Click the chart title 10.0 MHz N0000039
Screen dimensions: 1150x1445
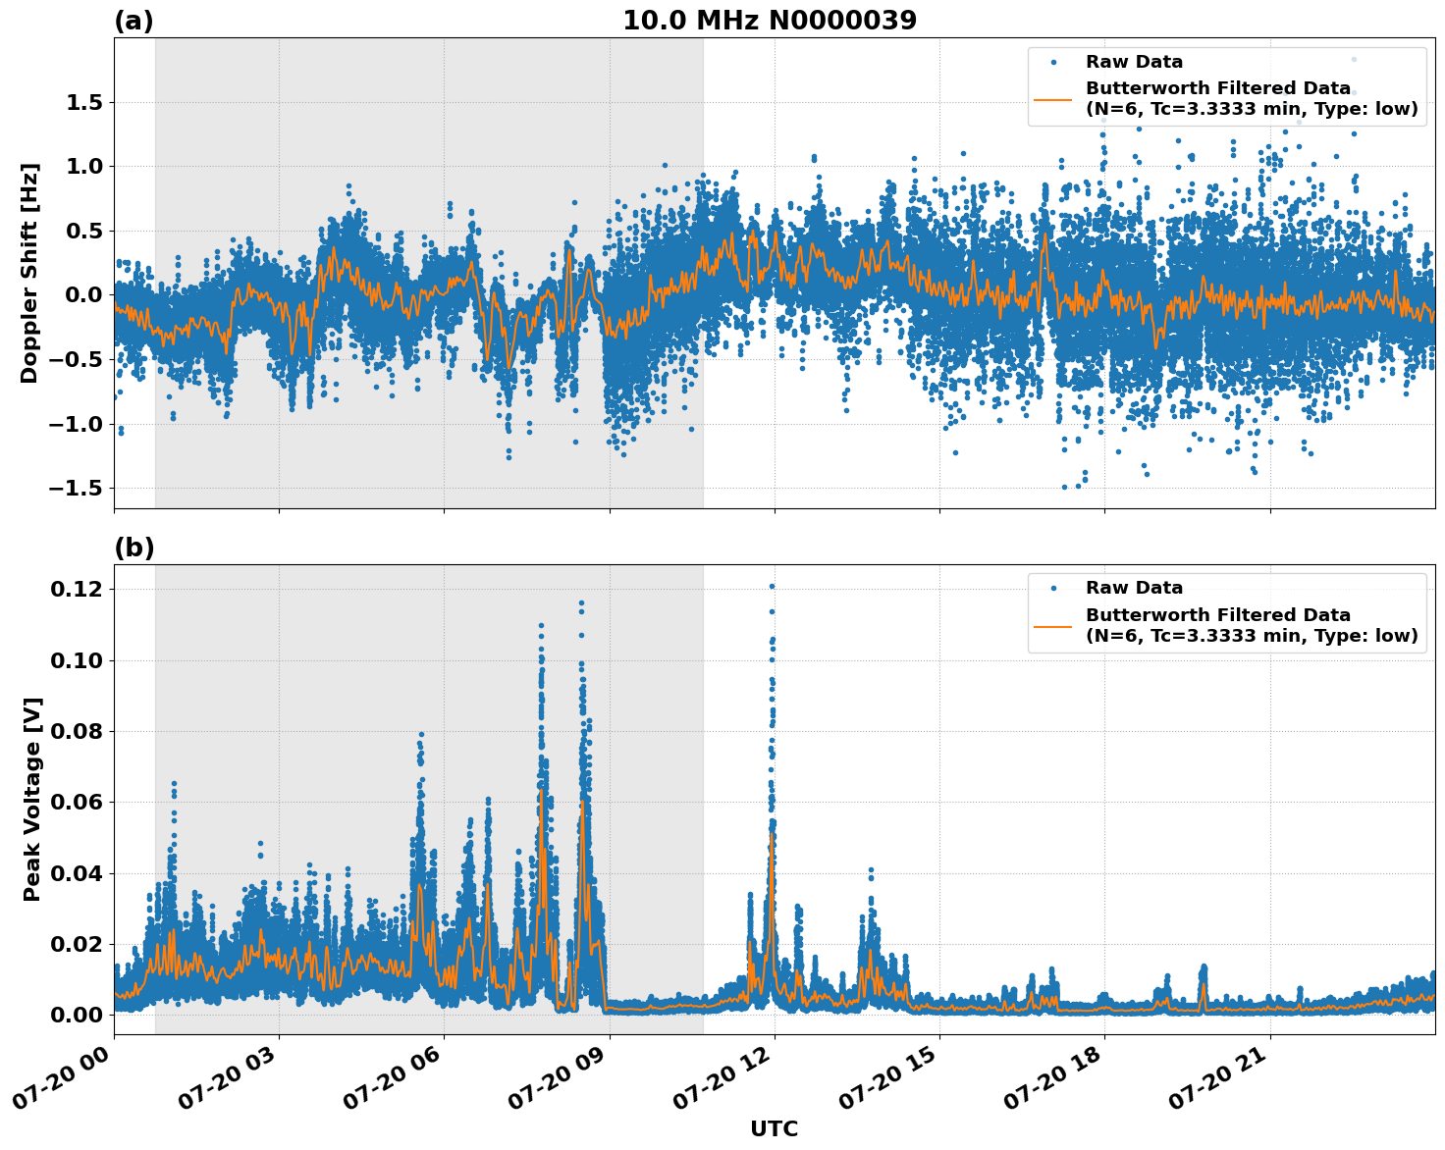coord(770,21)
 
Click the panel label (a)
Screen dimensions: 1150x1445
coord(134,21)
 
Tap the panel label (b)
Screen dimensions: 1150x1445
coord(134,548)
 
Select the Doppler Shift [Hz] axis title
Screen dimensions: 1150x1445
coord(30,273)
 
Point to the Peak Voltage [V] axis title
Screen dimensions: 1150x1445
coord(32,800)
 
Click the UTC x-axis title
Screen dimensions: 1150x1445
coord(774,1129)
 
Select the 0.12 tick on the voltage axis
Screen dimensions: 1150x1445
coord(77,590)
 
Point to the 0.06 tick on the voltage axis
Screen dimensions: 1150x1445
coord(77,803)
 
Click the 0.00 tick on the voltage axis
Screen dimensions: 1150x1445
coord(77,1015)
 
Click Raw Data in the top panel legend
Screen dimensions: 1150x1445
coord(1134,63)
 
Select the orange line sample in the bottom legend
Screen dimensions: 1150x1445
coord(1053,625)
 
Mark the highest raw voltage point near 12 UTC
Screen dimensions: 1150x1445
coord(772,586)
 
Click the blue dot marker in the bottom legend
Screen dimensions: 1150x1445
coord(1053,589)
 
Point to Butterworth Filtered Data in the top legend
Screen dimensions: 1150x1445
coord(1217,89)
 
